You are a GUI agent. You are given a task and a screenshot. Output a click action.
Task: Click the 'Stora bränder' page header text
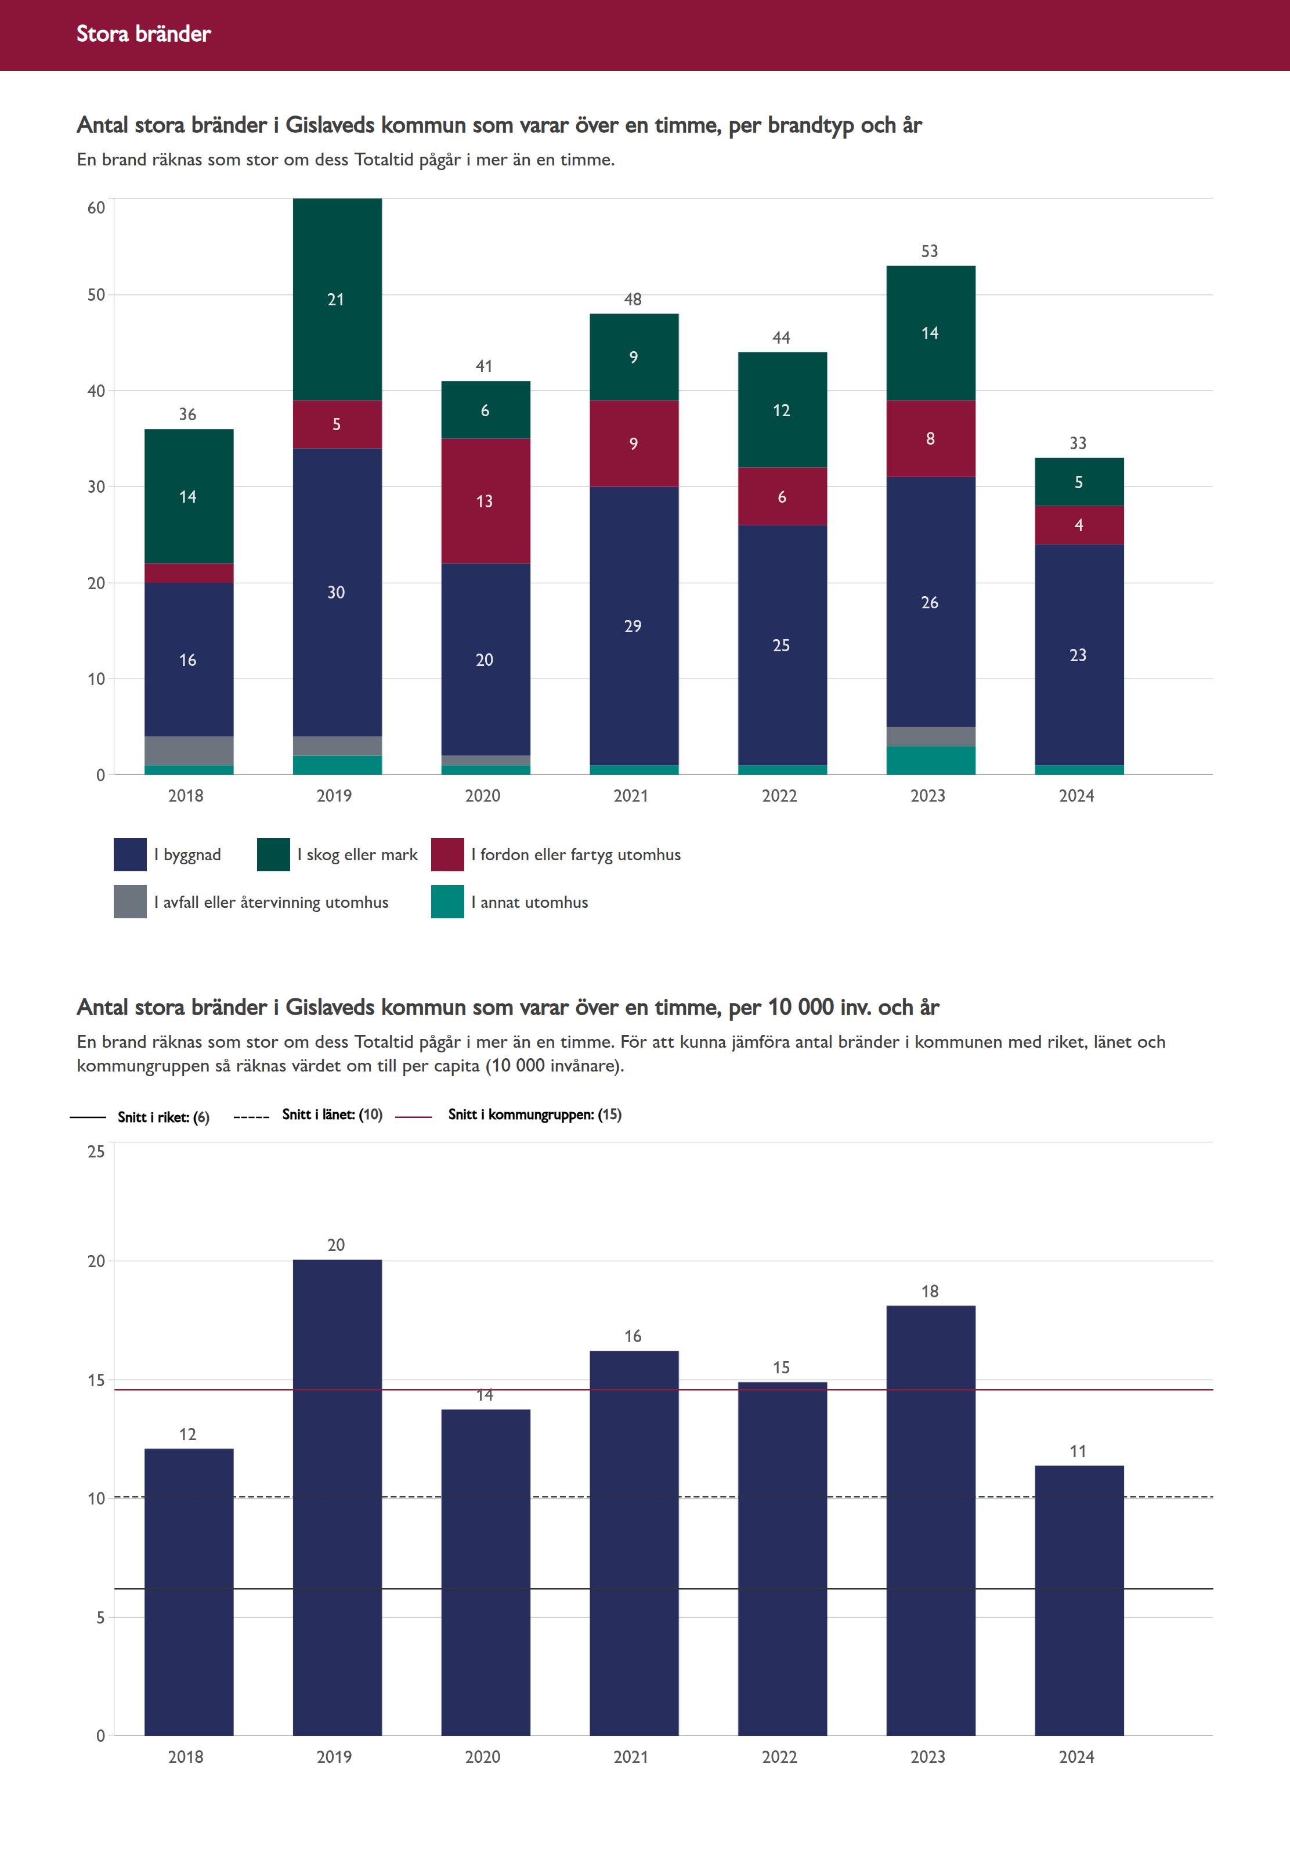(143, 34)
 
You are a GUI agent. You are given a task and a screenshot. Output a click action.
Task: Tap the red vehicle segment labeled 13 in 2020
(485, 501)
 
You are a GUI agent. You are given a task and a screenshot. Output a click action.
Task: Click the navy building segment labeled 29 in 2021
(634, 626)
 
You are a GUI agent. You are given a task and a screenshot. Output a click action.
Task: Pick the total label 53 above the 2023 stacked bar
(930, 251)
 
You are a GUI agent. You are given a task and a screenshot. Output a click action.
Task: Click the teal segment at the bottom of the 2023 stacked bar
(930, 760)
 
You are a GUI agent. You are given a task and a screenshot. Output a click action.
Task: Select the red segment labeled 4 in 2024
(1079, 525)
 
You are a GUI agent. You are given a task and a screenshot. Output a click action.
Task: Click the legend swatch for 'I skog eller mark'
(273, 854)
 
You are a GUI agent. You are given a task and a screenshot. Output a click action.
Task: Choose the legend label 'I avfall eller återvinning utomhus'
(271, 902)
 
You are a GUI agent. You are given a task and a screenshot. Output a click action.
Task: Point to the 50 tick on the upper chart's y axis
(96, 295)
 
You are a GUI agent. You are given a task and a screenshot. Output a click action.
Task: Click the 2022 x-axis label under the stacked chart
(779, 795)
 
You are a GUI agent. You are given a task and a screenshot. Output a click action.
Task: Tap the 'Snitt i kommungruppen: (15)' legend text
(534, 1114)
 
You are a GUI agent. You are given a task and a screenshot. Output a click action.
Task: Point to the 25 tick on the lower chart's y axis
(96, 1151)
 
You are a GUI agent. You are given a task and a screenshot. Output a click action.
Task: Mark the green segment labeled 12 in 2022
(782, 410)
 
